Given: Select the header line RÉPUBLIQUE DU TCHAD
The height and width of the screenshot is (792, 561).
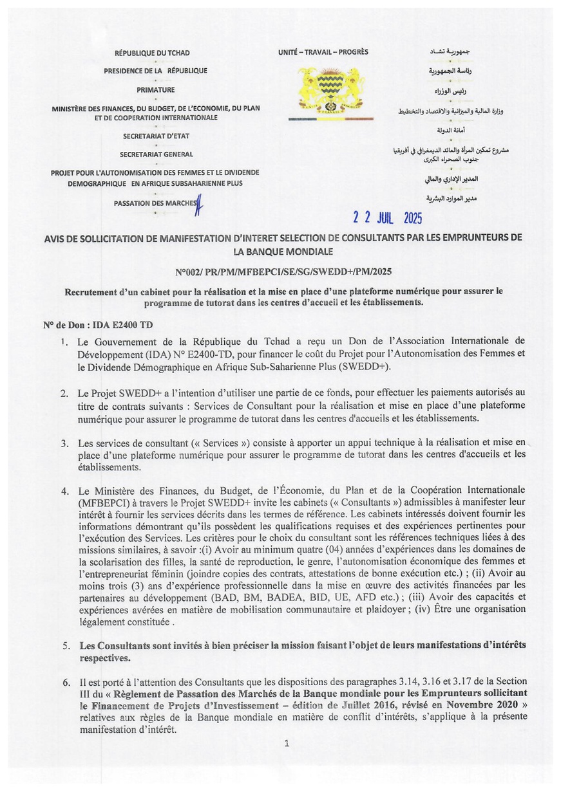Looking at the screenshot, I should click(152, 53).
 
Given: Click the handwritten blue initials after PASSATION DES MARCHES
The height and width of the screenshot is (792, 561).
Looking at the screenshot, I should click(200, 205).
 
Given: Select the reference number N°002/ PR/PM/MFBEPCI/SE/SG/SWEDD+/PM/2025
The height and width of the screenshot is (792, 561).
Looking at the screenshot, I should click(283, 272).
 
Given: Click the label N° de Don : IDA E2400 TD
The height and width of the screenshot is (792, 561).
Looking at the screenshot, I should click(98, 326).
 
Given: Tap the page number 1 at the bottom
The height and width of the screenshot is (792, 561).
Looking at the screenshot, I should click(286, 744).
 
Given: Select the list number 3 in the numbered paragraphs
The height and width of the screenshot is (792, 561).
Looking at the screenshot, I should click(65, 444).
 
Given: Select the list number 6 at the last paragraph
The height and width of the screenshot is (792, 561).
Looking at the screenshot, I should click(66, 682).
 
